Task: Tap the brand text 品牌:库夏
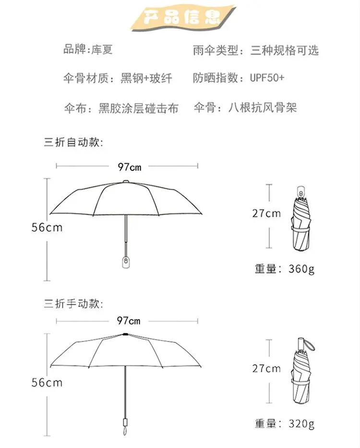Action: coord(88,49)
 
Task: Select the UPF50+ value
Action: coord(267,78)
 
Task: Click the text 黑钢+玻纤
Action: coord(146,78)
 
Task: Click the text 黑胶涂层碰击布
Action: coord(138,108)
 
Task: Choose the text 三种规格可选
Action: coord(284,50)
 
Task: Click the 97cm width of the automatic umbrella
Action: coord(130,167)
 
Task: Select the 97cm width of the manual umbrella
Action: coord(129,321)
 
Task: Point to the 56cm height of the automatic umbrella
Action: coord(47,228)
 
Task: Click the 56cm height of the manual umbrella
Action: coord(47,383)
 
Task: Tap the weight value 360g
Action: coord(301,268)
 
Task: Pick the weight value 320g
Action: coord(301,424)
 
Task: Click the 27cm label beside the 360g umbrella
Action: coord(266,213)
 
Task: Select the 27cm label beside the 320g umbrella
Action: coord(266,368)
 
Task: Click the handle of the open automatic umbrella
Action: coord(125,260)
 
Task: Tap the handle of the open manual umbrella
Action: coord(125,424)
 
